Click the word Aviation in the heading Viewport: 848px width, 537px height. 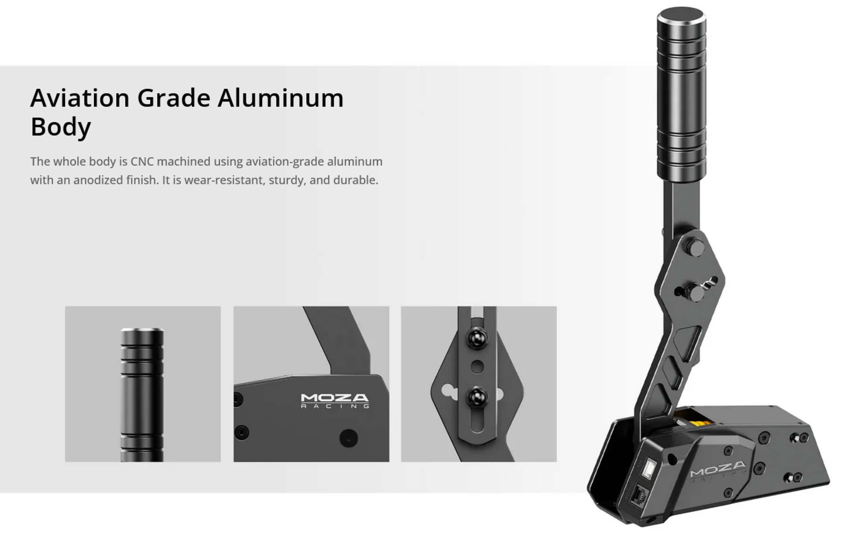80,98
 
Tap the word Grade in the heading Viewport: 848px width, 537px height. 174,98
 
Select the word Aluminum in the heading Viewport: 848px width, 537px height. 281,98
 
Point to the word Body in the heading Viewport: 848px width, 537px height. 61,127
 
